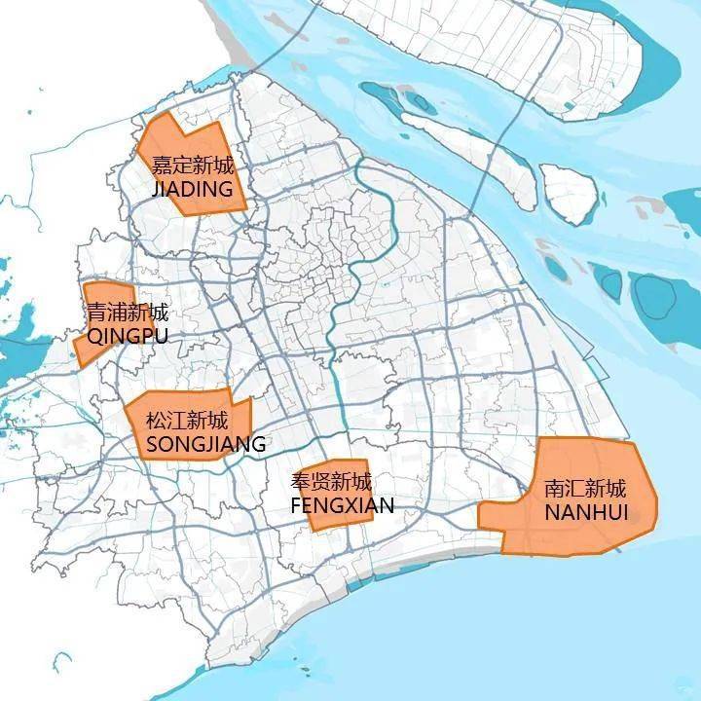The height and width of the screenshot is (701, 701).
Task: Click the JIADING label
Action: [x=193, y=189]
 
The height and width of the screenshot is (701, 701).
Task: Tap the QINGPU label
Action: [x=128, y=336]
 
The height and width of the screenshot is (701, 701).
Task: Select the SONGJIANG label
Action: [x=205, y=445]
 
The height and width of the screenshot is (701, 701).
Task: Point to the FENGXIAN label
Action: [x=342, y=505]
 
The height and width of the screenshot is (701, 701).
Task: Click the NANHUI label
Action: [x=586, y=512]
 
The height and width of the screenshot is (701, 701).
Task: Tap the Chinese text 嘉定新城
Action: [x=193, y=166]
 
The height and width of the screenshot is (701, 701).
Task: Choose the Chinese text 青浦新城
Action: [x=128, y=314]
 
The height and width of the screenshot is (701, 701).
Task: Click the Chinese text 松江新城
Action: [x=187, y=422]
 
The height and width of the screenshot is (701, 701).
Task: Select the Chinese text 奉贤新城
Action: [x=331, y=482]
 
